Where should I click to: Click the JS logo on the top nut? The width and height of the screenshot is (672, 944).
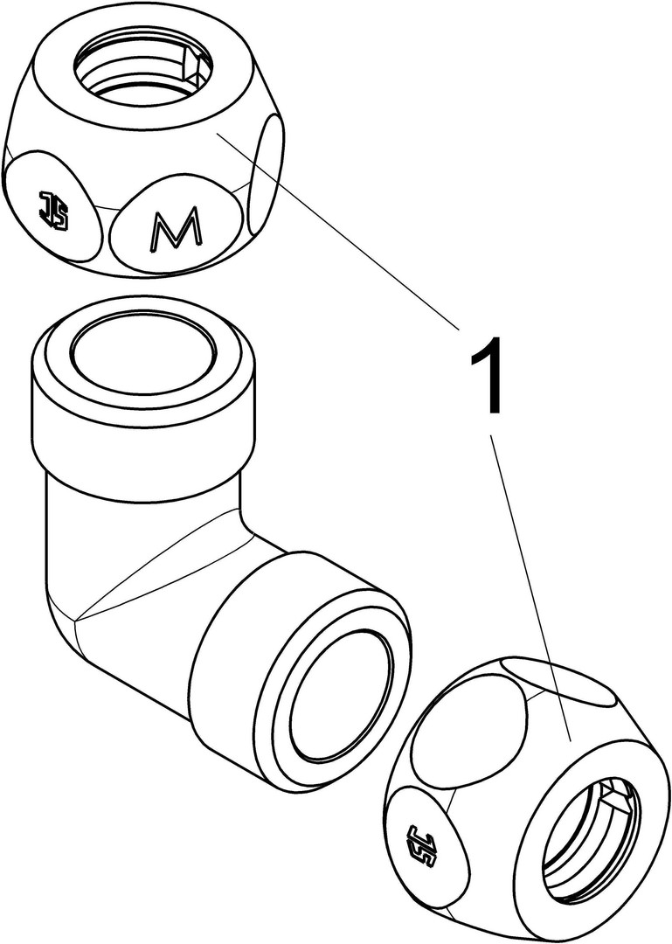pyautogui.click(x=54, y=211)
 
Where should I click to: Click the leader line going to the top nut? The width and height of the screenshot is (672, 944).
pyautogui.click(x=338, y=233)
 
